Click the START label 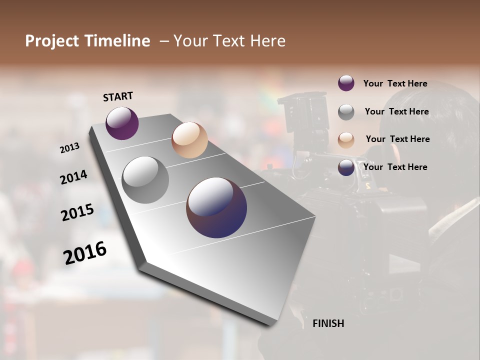(x=118, y=96)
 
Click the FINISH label (x=328, y=323)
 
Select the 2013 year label (x=70, y=148)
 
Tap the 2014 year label (x=74, y=177)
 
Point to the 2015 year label (x=77, y=212)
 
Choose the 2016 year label (x=85, y=253)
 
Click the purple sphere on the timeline (x=122, y=123)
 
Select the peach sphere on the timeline (x=189, y=140)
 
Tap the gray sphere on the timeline (x=145, y=179)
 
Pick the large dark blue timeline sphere (x=216, y=207)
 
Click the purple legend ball (x=346, y=83)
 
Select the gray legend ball (x=346, y=112)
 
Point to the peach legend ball (x=346, y=139)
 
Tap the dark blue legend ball (x=346, y=167)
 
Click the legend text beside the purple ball (x=395, y=83)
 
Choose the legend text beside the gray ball (x=396, y=111)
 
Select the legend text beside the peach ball (x=397, y=139)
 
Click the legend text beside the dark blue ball (x=395, y=167)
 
